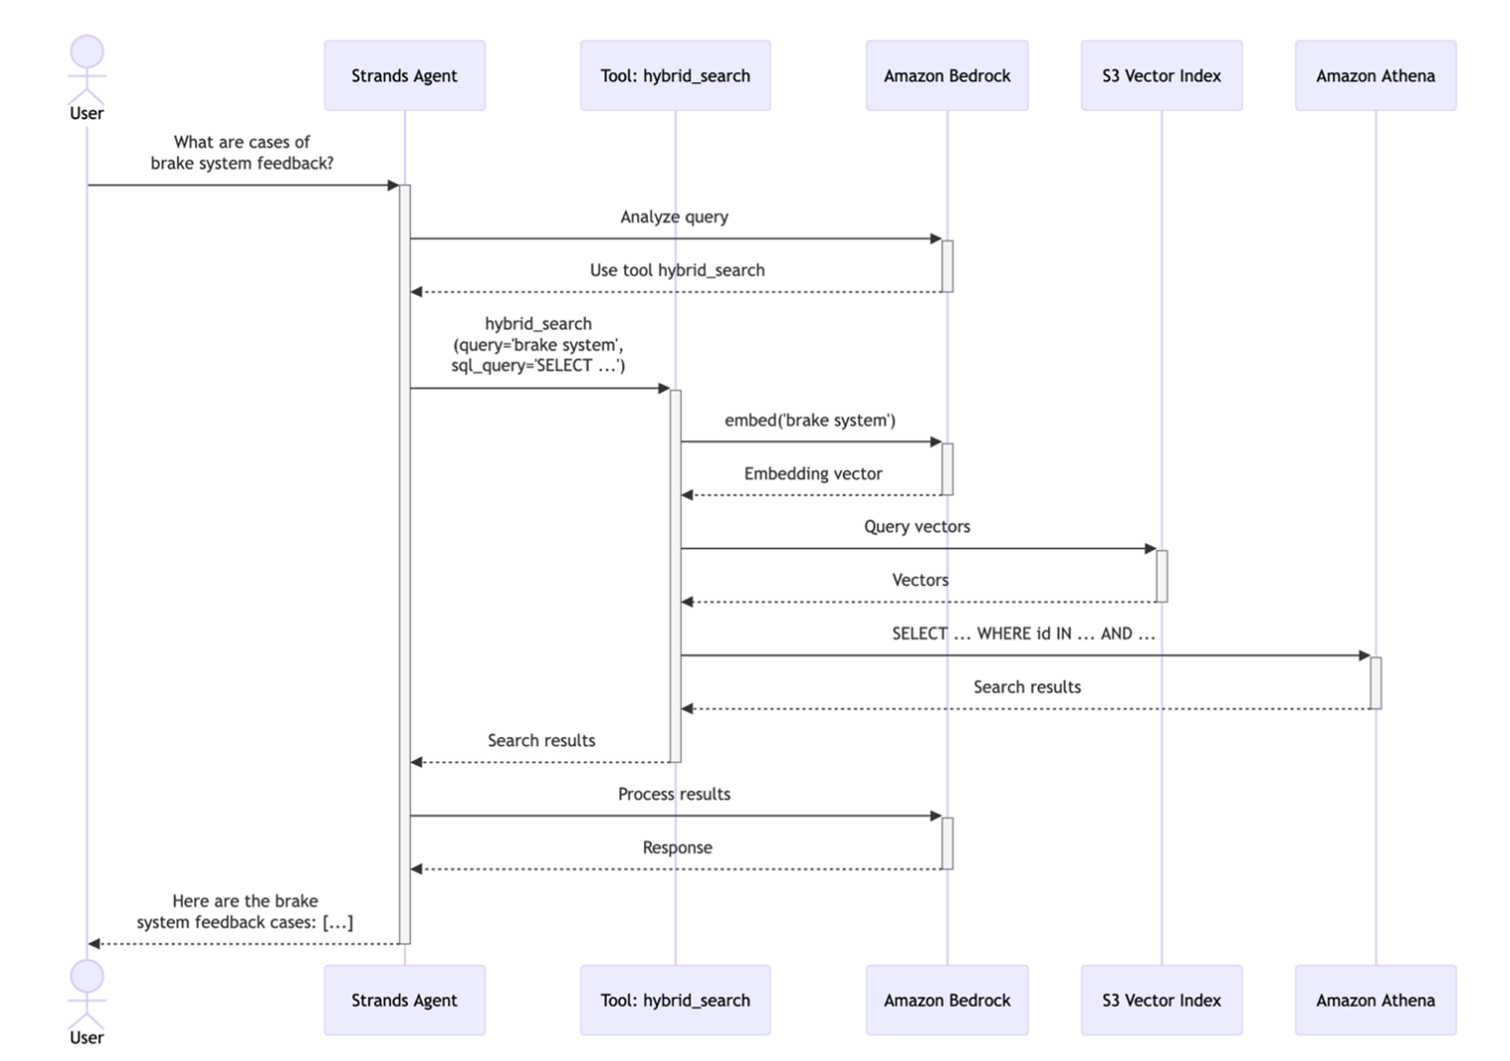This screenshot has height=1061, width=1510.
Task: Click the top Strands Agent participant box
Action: (x=404, y=75)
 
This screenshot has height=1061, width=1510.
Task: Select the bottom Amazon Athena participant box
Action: (x=1374, y=1000)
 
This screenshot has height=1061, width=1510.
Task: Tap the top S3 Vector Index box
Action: (x=1161, y=75)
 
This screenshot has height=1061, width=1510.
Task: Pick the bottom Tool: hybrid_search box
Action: (x=675, y=1000)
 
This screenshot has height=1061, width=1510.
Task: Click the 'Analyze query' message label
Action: (x=674, y=217)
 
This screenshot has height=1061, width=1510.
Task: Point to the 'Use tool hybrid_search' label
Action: (x=677, y=270)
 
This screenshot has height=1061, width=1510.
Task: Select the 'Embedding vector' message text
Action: (x=812, y=474)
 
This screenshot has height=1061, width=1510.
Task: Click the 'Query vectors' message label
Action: (x=916, y=527)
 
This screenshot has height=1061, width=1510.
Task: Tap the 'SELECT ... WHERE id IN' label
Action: (x=1023, y=633)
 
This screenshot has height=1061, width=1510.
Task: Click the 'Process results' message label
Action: (x=674, y=794)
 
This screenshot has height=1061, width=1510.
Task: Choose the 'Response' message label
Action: (x=677, y=847)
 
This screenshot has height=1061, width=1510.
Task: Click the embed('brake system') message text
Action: (x=809, y=421)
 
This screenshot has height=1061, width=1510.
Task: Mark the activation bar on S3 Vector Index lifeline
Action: (x=1162, y=576)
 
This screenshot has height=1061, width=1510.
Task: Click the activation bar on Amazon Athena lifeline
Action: (x=1375, y=683)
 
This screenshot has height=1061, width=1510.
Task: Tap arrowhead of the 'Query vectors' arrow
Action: (x=1150, y=548)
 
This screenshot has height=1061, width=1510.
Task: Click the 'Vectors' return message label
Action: (x=919, y=580)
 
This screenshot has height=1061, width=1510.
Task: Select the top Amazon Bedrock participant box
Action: (x=947, y=75)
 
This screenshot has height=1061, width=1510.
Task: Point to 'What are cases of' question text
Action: (x=241, y=142)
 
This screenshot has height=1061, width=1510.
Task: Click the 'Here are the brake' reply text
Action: (x=244, y=901)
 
